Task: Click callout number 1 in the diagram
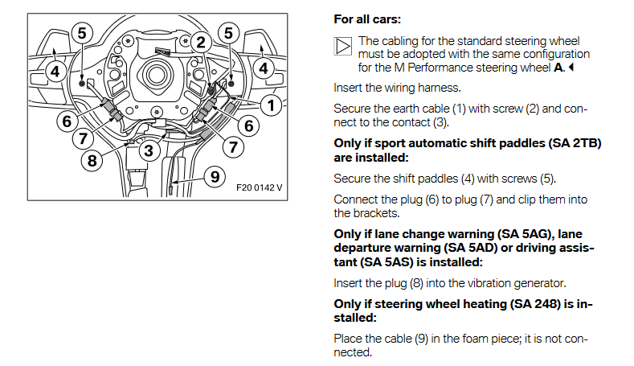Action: pos(272,105)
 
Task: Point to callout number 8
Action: pos(92,159)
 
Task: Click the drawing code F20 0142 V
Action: pos(260,190)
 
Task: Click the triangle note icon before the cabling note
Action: pos(342,46)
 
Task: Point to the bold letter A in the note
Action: pos(558,68)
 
